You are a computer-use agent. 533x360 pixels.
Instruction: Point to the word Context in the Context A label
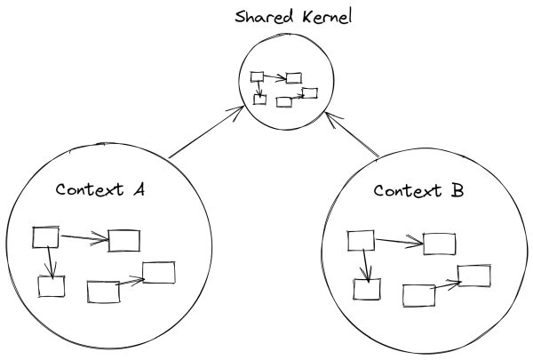click(x=92, y=190)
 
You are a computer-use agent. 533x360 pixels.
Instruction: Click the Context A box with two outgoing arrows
click(x=45, y=236)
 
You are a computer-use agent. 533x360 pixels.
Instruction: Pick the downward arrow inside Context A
click(x=52, y=260)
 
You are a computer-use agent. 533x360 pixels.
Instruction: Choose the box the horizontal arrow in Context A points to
click(x=123, y=240)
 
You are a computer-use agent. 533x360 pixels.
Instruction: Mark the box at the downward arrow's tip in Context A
click(x=52, y=286)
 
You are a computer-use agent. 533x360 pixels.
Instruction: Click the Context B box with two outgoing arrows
click(x=360, y=239)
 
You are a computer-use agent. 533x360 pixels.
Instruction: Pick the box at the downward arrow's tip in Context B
click(x=367, y=289)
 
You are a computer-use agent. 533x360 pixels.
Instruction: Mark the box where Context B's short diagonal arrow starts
click(x=418, y=294)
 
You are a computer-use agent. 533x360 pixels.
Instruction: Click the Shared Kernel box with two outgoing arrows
click(x=257, y=77)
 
